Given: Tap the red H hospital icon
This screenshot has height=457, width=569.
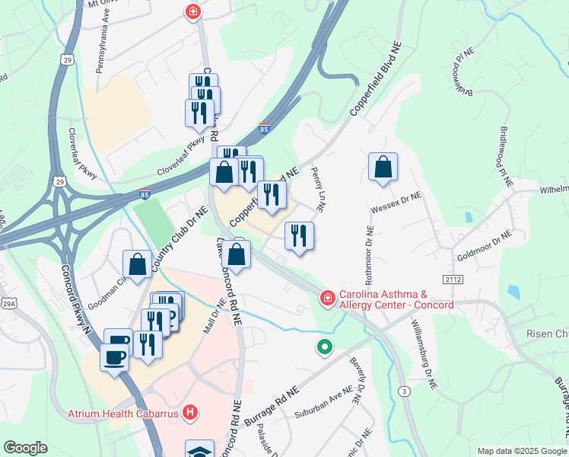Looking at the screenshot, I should (x=191, y=414).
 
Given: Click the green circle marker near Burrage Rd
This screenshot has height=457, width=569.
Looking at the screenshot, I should (x=325, y=347).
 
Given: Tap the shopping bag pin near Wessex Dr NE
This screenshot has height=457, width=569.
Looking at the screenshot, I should (x=383, y=168).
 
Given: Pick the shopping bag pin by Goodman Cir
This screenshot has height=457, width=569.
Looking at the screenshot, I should (x=138, y=266).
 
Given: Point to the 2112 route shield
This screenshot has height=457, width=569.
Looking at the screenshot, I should (x=454, y=280).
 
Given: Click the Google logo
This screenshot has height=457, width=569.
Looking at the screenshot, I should (x=25, y=448).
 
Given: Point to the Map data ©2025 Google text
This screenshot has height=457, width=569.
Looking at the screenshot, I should (x=521, y=451).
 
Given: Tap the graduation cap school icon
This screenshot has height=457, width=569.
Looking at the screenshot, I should (x=199, y=450).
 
